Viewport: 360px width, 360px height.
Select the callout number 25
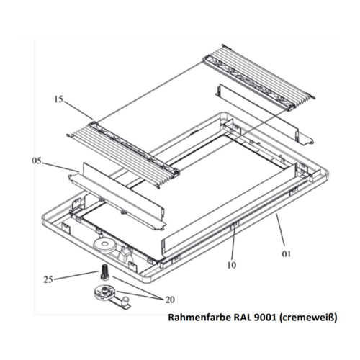coord(49,279)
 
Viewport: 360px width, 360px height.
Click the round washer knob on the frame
coord(107,245)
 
